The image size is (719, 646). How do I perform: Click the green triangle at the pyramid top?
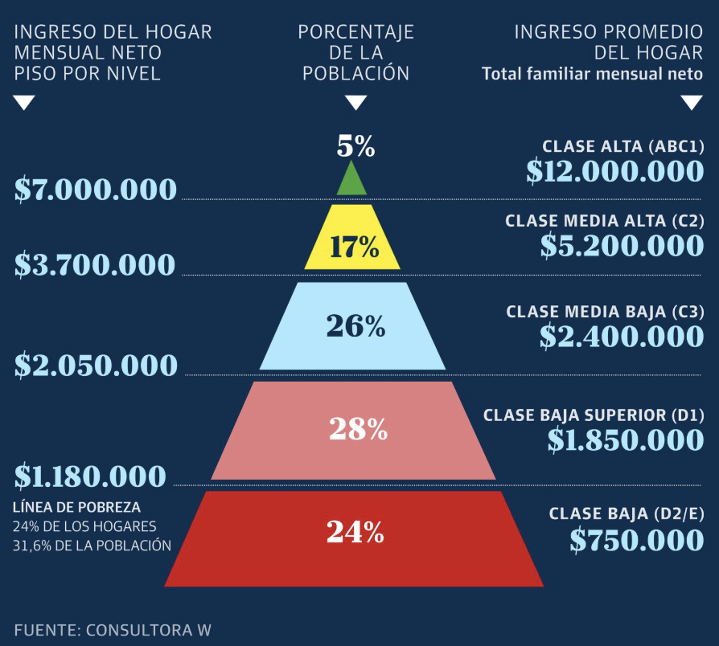click(x=351, y=182)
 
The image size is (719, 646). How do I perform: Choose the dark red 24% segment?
click(x=354, y=539)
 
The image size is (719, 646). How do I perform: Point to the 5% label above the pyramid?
click(x=355, y=146)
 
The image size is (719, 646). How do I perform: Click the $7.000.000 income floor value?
click(x=96, y=190)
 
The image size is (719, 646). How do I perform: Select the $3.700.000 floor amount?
click(x=95, y=265)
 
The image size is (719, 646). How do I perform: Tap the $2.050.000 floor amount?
click(x=96, y=366)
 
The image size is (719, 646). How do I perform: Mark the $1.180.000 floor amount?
click(x=90, y=476)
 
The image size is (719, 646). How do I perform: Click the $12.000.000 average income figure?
click(x=615, y=170)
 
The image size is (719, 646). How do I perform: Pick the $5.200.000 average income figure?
click(x=622, y=245)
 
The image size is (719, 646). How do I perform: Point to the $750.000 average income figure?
click(x=637, y=540)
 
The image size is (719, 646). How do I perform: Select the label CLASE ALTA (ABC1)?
click(x=622, y=146)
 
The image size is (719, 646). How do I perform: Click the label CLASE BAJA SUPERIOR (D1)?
click(x=594, y=415)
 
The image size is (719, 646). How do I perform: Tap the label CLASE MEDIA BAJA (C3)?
click(x=605, y=312)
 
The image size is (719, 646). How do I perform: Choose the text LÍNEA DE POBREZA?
click(x=77, y=508)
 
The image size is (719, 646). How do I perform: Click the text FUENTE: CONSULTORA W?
click(x=113, y=629)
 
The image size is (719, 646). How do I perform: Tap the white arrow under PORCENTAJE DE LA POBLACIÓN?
click(x=355, y=103)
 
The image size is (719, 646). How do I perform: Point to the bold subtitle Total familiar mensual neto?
click(x=592, y=75)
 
